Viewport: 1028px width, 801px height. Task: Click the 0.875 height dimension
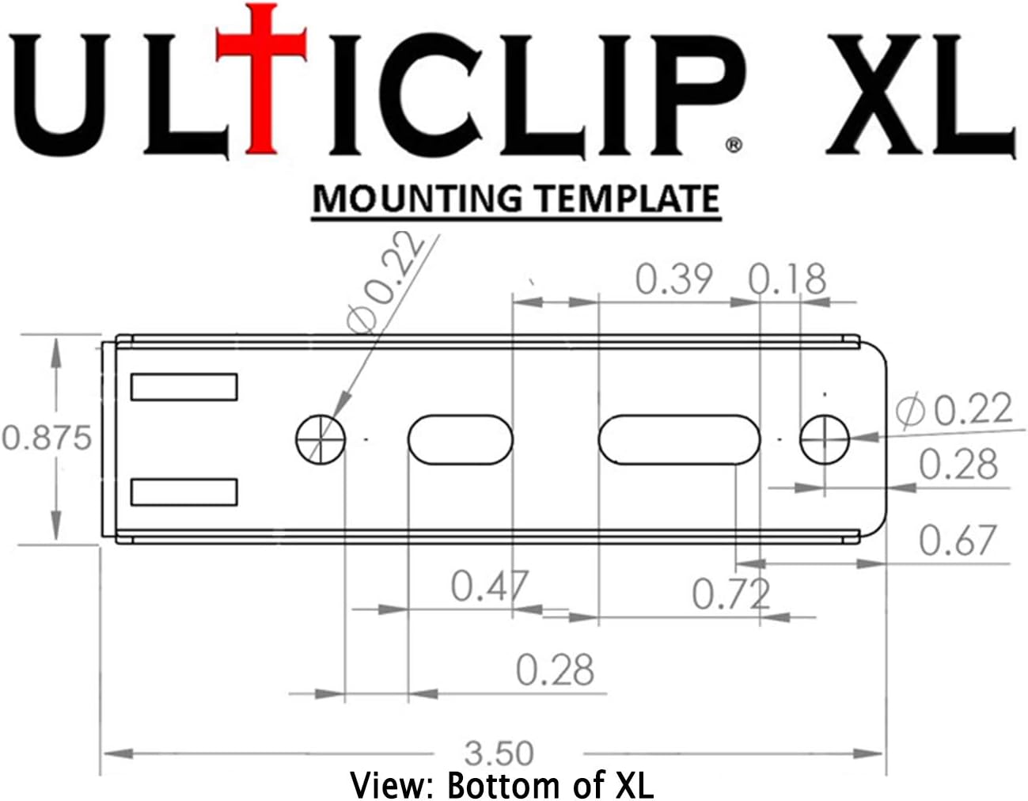pos(47,438)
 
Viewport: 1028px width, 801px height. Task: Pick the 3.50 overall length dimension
pos(499,753)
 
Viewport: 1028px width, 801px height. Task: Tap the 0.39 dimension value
pos(674,279)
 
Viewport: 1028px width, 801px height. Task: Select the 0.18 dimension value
pos(787,279)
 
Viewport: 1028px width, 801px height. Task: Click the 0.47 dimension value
pos(489,587)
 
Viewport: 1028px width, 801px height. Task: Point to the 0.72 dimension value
pos(730,594)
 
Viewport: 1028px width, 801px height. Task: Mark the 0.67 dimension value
pos(957,541)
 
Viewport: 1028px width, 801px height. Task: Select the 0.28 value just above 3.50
pos(555,670)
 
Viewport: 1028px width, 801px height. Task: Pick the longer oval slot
pos(678,438)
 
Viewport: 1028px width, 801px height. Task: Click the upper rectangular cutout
pos(184,386)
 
